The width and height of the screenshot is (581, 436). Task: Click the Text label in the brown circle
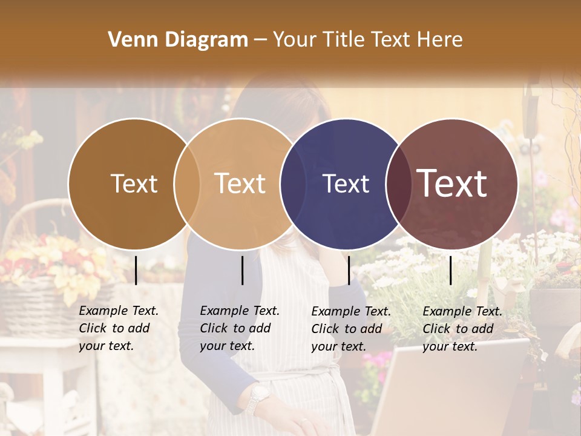click(x=134, y=183)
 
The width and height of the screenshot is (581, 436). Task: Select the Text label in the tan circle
click(x=240, y=183)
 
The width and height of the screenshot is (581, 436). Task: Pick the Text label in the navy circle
click(x=346, y=183)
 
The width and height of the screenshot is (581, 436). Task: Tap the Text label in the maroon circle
click(x=452, y=183)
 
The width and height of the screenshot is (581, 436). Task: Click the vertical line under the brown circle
click(x=136, y=270)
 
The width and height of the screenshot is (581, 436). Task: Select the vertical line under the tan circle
click(x=242, y=270)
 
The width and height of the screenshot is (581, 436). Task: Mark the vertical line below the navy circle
click(x=349, y=270)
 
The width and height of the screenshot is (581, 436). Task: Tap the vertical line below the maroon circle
click(x=451, y=270)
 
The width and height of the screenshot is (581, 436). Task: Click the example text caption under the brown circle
click(x=118, y=328)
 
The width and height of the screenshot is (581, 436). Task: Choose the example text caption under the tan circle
click(x=239, y=328)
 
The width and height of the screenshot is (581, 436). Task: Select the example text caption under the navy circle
click(x=350, y=329)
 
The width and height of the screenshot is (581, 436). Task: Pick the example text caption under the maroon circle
click(x=462, y=329)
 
